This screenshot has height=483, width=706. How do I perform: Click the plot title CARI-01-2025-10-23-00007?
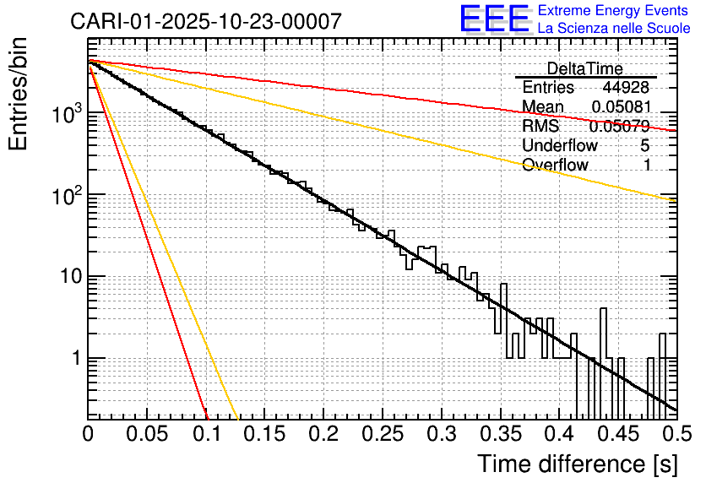[206, 21]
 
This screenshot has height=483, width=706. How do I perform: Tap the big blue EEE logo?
[493, 19]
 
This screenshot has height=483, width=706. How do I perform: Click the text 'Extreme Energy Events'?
[613, 11]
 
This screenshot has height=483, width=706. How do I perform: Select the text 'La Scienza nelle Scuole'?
[613, 29]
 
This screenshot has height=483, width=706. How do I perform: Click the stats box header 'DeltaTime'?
[584, 68]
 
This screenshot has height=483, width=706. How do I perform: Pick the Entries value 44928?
[626, 88]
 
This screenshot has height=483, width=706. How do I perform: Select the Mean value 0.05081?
[621, 107]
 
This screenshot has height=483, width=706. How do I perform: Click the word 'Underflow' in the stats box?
[560, 145]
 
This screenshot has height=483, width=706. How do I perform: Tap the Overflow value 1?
[646, 165]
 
